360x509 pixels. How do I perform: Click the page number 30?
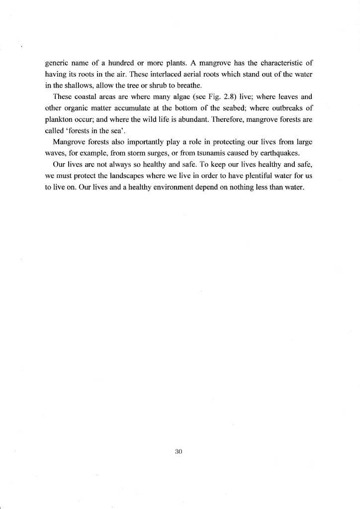tap(180, 452)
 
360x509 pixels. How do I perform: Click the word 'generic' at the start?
tap(56, 63)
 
